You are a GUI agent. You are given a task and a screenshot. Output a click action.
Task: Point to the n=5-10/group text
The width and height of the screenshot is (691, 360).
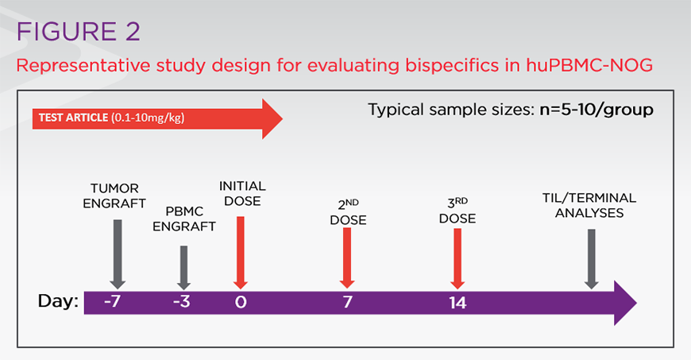click(589, 109)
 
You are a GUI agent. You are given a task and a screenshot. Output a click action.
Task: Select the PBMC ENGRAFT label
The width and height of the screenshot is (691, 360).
click(184, 219)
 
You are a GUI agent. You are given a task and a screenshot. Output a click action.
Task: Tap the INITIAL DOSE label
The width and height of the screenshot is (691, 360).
click(241, 193)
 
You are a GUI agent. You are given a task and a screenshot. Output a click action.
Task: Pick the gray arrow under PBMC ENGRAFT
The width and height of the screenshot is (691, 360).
click(184, 267)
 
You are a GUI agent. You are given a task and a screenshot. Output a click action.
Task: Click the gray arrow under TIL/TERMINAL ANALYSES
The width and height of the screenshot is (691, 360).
click(591, 259)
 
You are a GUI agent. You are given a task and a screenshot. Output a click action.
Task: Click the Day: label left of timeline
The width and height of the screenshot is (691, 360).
click(60, 302)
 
